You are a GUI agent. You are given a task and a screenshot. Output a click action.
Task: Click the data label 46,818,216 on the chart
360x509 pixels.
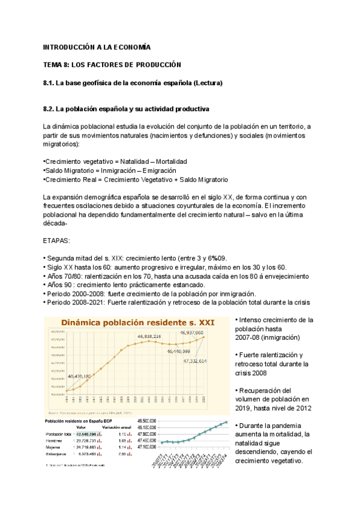click(x=157, y=337)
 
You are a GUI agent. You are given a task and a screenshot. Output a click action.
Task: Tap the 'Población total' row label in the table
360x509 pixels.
click(x=58, y=433)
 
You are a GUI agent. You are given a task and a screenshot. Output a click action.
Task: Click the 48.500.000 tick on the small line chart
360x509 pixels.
click(x=147, y=421)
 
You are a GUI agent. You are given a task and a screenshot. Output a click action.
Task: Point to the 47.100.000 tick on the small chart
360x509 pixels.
click(x=147, y=447)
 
